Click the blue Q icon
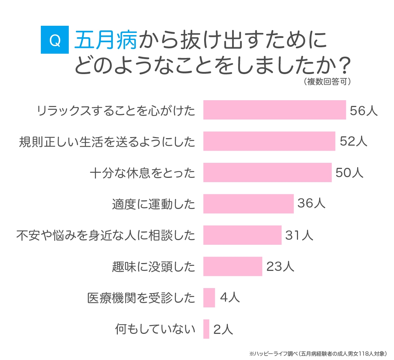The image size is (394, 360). point(54,40)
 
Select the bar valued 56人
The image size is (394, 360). point(274,110)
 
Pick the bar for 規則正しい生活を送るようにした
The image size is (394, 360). point(269,141)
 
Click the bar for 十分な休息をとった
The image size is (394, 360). point(267,172)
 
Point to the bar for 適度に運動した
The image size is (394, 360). point(248,204)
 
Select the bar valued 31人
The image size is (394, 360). point(242,235)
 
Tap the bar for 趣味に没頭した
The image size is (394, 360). point(232,266)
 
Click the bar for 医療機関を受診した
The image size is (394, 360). point(209,298)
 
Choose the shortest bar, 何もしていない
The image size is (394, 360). point(206,329)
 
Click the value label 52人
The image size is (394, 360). point(354,141)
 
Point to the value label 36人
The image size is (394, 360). point(311,204)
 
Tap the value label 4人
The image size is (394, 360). point(230,298)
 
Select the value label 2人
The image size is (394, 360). point(223,329)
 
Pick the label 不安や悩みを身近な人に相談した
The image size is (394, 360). point(106,235)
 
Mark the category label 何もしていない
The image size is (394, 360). point(155,329)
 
